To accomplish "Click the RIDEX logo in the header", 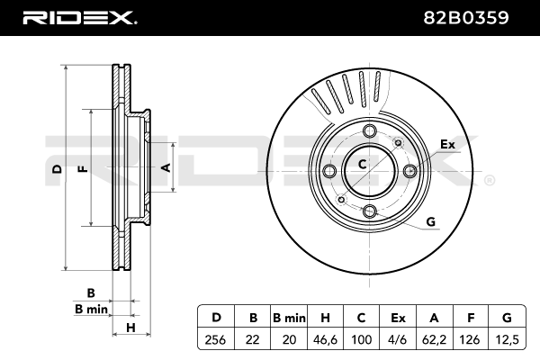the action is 80,18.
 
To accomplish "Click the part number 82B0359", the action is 466,18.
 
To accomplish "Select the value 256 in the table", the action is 215,339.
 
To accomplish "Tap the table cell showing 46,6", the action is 325,339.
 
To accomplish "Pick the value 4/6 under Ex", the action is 397,339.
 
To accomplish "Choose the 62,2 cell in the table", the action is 434,339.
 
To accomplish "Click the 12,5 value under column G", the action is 507,339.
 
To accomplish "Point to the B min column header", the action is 289,318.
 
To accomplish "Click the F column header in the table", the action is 471,318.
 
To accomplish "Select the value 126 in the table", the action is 470,339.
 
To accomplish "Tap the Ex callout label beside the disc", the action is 447,144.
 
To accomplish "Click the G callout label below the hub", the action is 431,221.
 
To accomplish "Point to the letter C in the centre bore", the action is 362,165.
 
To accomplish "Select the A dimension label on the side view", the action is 166,167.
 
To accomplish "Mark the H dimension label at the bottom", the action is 130,328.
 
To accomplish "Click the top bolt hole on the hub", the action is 370,130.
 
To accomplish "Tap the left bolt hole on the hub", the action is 330,170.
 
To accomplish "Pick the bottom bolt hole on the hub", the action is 370,211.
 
